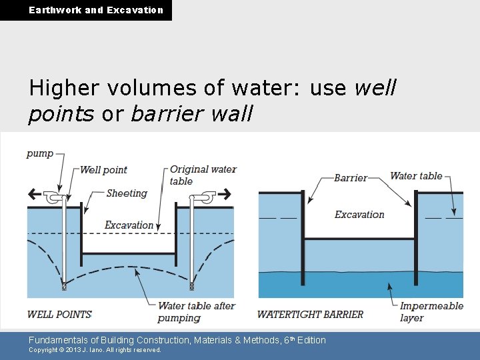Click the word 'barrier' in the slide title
(158, 114)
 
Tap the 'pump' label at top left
(40, 153)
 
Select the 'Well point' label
(103, 170)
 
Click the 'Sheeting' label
(127, 193)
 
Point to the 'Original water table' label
(203, 175)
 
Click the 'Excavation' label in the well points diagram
(129, 225)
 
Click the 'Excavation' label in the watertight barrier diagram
(359, 215)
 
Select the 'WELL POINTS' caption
(59, 314)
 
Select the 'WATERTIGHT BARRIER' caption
(310, 315)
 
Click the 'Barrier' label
(351, 178)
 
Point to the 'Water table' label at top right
(416, 176)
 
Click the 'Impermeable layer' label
(431, 312)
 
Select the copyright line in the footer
(95, 350)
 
